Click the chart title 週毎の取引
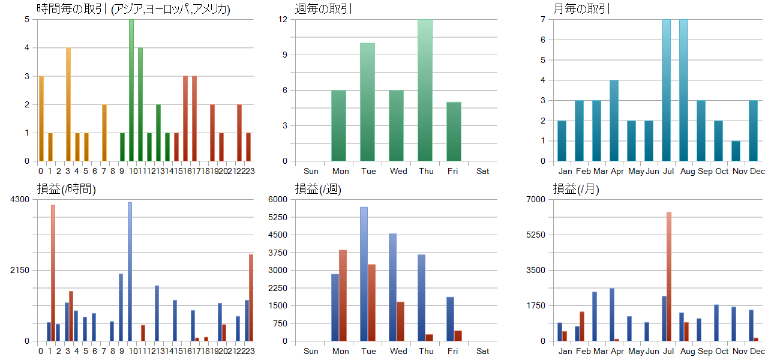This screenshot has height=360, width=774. (x=323, y=9)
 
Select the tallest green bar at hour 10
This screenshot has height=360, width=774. (x=131, y=90)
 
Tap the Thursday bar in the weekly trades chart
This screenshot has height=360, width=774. (x=425, y=90)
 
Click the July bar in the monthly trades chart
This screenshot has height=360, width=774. (x=666, y=90)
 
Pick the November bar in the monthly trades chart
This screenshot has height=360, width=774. (x=736, y=151)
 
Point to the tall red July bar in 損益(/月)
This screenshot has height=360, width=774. (x=668, y=276)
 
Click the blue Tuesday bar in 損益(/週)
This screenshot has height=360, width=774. (x=364, y=274)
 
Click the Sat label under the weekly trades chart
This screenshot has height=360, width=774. (x=483, y=171)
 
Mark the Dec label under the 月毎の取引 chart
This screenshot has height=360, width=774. (x=757, y=171)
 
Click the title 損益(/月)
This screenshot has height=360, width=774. (x=575, y=189)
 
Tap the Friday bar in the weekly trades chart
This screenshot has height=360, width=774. (x=454, y=131)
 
